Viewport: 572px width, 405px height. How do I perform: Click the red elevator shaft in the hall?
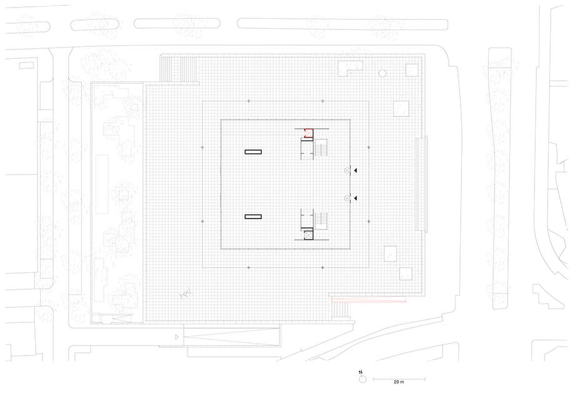tap(309, 133)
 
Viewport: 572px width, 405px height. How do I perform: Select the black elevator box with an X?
tap(309, 235)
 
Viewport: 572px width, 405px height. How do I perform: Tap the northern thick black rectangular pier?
tap(253, 152)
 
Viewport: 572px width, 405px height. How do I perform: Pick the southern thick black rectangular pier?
tap(253, 217)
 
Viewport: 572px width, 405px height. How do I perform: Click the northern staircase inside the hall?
tap(321, 148)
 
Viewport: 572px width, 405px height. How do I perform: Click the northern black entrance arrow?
tap(355, 170)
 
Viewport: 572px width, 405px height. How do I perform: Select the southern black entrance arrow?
tap(355, 198)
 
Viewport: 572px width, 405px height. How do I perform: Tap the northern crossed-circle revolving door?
tap(347, 170)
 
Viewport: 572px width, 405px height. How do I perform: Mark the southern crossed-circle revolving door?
tap(347, 198)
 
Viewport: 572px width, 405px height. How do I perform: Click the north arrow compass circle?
tap(362, 379)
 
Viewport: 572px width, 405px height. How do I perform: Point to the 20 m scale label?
tap(399, 382)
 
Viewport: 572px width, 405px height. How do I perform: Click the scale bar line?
tap(399, 379)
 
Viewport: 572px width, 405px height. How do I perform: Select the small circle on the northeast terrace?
tap(383, 73)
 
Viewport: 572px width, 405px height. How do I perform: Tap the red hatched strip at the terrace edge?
tap(369, 300)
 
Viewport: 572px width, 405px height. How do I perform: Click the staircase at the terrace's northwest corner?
tap(179, 69)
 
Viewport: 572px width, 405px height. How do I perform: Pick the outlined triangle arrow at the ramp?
tap(177, 337)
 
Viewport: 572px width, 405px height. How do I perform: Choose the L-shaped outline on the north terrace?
tap(350, 68)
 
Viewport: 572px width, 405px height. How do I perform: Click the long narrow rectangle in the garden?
tap(102, 185)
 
